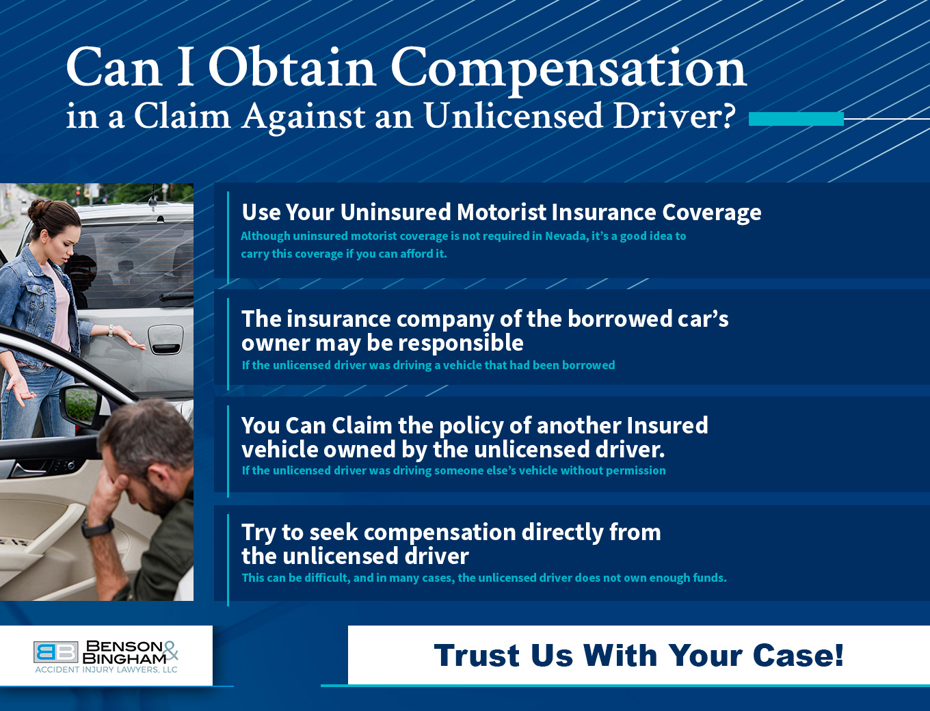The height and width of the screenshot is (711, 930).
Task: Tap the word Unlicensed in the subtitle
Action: click(x=512, y=116)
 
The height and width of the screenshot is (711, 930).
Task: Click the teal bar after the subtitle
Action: click(x=796, y=119)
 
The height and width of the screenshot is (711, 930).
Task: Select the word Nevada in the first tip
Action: click(x=566, y=236)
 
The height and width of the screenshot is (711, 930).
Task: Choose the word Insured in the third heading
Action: click(x=667, y=425)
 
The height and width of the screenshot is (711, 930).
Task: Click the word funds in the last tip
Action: click(x=708, y=578)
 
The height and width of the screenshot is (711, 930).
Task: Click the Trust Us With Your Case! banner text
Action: click(x=639, y=655)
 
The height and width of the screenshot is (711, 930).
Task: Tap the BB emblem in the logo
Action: click(x=55, y=652)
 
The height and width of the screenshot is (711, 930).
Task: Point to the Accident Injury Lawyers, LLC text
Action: click(x=106, y=670)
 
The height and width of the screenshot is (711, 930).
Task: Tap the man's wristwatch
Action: click(x=98, y=528)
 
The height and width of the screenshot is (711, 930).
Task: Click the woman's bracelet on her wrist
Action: click(x=109, y=331)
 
